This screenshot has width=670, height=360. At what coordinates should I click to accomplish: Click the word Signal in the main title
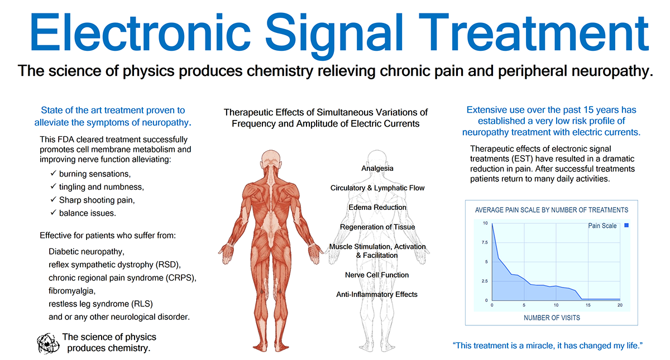point(334,35)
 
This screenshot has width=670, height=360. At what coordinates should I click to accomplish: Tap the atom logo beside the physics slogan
point(48,343)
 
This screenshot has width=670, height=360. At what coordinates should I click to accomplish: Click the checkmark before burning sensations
point(53,173)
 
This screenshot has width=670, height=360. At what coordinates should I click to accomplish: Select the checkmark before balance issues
point(53,212)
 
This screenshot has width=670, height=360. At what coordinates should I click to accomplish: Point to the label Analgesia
point(377,169)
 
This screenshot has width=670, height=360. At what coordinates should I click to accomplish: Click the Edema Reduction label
point(377,208)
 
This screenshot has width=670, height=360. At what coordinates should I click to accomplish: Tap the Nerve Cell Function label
point(377,275)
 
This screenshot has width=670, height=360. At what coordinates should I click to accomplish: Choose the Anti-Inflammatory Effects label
point(377,295)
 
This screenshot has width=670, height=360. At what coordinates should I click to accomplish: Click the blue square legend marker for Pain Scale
point(626,225)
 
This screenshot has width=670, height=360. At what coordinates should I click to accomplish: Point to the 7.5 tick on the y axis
point(485,242)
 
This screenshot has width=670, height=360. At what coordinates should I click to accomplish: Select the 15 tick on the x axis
point(588,305)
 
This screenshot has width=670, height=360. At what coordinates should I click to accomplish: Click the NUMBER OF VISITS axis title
point(552,318)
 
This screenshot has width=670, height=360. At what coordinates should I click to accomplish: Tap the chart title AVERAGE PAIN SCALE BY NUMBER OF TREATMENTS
point(552,210)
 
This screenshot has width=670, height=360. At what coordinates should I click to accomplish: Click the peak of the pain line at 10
point(492,224)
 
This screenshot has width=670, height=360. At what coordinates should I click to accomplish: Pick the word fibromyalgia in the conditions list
point(72,291)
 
